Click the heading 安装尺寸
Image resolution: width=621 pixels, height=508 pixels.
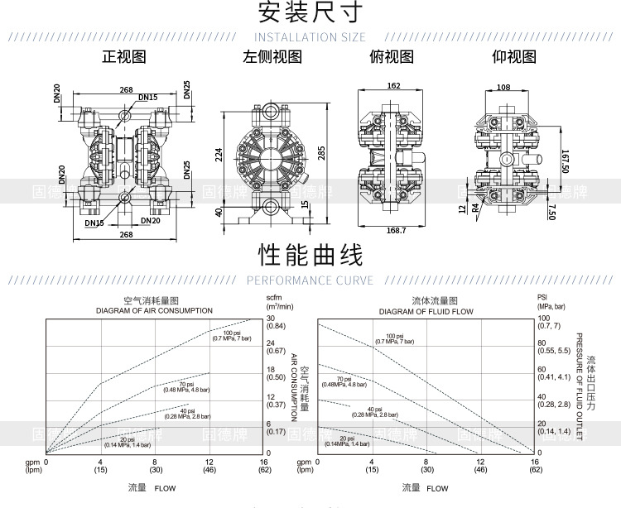click(310, 12)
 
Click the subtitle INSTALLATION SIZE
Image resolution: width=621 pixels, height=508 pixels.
click(310, 37)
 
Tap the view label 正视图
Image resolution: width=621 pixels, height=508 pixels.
click(124, 57)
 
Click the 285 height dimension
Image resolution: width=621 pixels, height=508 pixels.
click(321, 153)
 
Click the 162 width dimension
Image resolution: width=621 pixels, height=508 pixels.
click(393, 86)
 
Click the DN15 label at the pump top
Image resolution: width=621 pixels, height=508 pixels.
click(147, 98)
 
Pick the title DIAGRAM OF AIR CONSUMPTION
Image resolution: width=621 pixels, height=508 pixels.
click(153, 310)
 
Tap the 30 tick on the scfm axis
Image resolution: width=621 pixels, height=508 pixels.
click(269, 318)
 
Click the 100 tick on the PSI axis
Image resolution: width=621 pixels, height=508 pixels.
click(543, 318)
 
